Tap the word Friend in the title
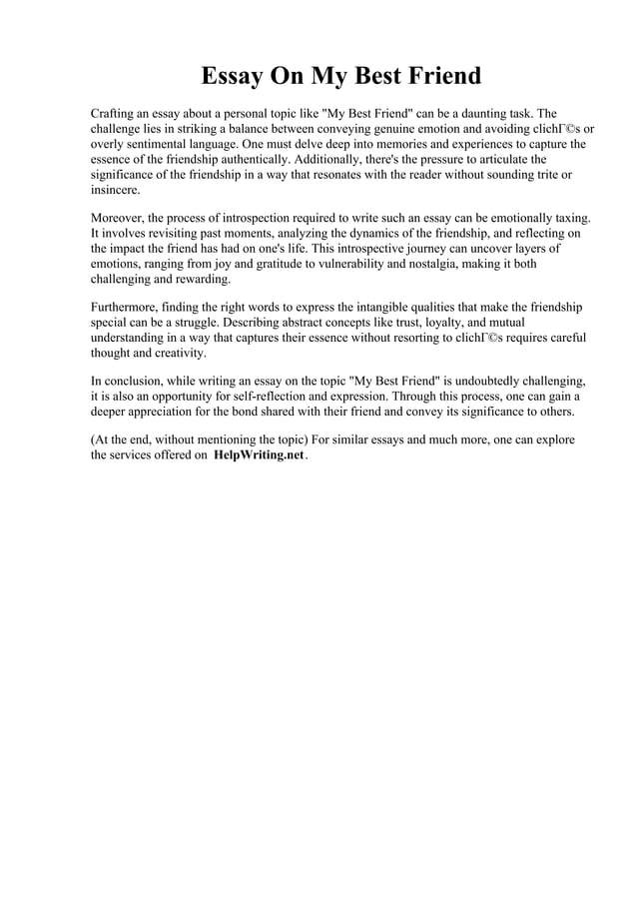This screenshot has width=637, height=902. click(x=436, y=76)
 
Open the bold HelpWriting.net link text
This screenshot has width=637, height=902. click(x=259, y=455)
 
